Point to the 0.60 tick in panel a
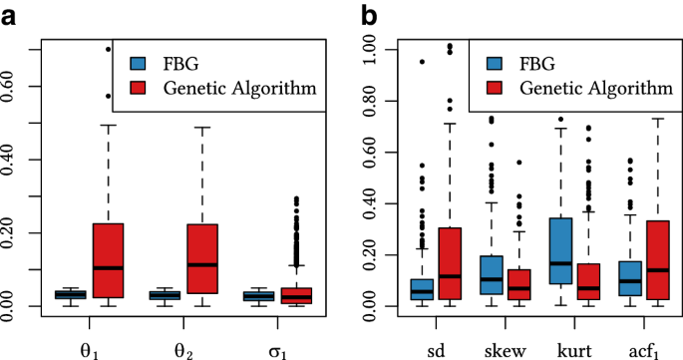pos(33,87)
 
